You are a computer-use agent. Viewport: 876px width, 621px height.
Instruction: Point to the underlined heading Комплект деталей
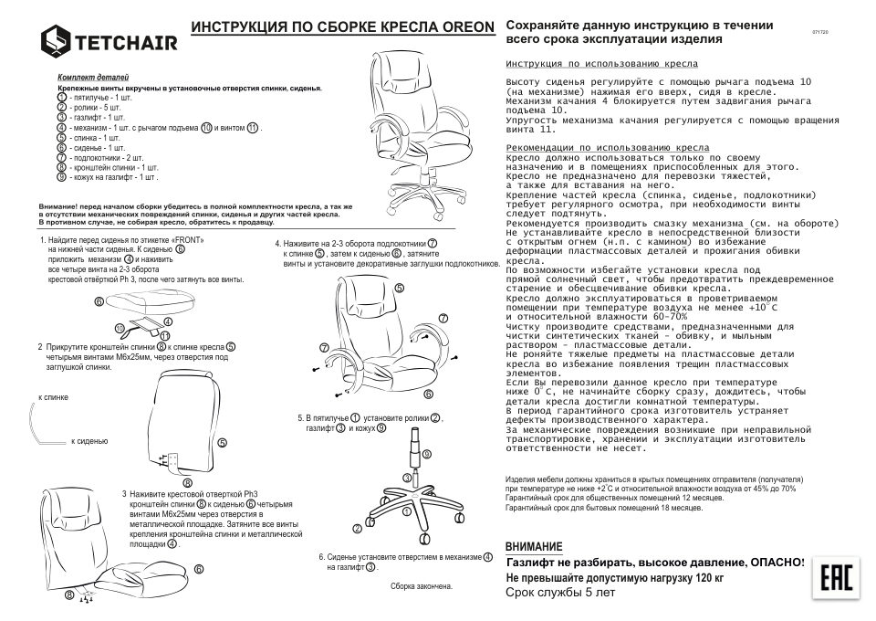point(93,79)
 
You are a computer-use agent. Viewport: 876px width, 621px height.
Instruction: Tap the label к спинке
point(54,399)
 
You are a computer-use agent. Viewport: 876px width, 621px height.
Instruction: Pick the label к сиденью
point(90,441)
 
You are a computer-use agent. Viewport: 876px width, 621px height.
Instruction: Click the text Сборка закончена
point(422,585)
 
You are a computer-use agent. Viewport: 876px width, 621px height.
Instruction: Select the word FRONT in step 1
point(188,239)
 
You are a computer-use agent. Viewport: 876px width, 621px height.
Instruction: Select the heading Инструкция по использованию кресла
point(601,65)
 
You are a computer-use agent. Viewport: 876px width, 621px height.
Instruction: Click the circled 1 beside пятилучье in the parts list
point(61,97)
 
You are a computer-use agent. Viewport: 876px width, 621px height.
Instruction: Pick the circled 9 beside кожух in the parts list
point(61,177)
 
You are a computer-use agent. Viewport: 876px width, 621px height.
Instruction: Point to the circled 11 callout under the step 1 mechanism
point(164,336)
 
